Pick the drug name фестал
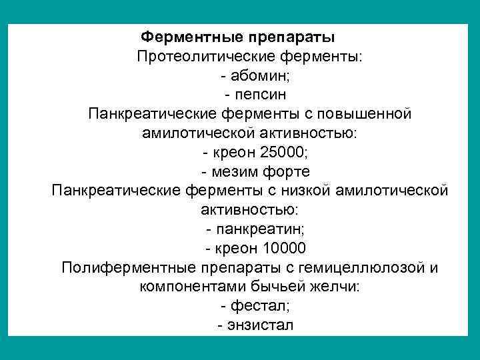(259, 307)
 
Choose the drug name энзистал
(260, 326)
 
